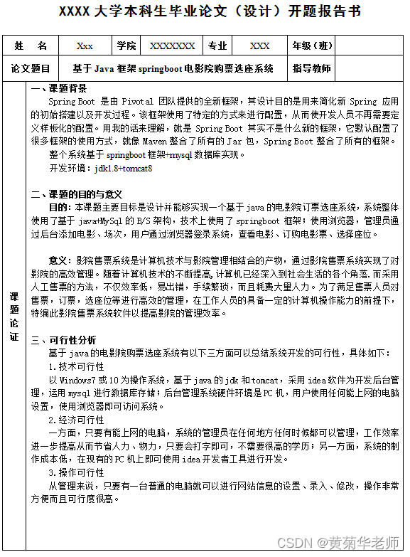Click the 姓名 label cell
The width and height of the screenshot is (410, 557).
point(31,46)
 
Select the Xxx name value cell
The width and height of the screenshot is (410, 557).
point(85,46)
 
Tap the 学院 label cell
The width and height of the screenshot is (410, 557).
point(126,46)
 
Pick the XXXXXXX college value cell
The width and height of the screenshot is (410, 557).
point(172,46)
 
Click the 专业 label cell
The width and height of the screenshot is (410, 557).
point(217,46)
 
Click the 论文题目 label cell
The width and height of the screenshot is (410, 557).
point(31,69)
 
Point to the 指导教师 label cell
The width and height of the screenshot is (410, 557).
point(312,69)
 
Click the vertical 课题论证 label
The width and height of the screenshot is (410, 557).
point(15,317)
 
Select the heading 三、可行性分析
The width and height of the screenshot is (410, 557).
point(68,339)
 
